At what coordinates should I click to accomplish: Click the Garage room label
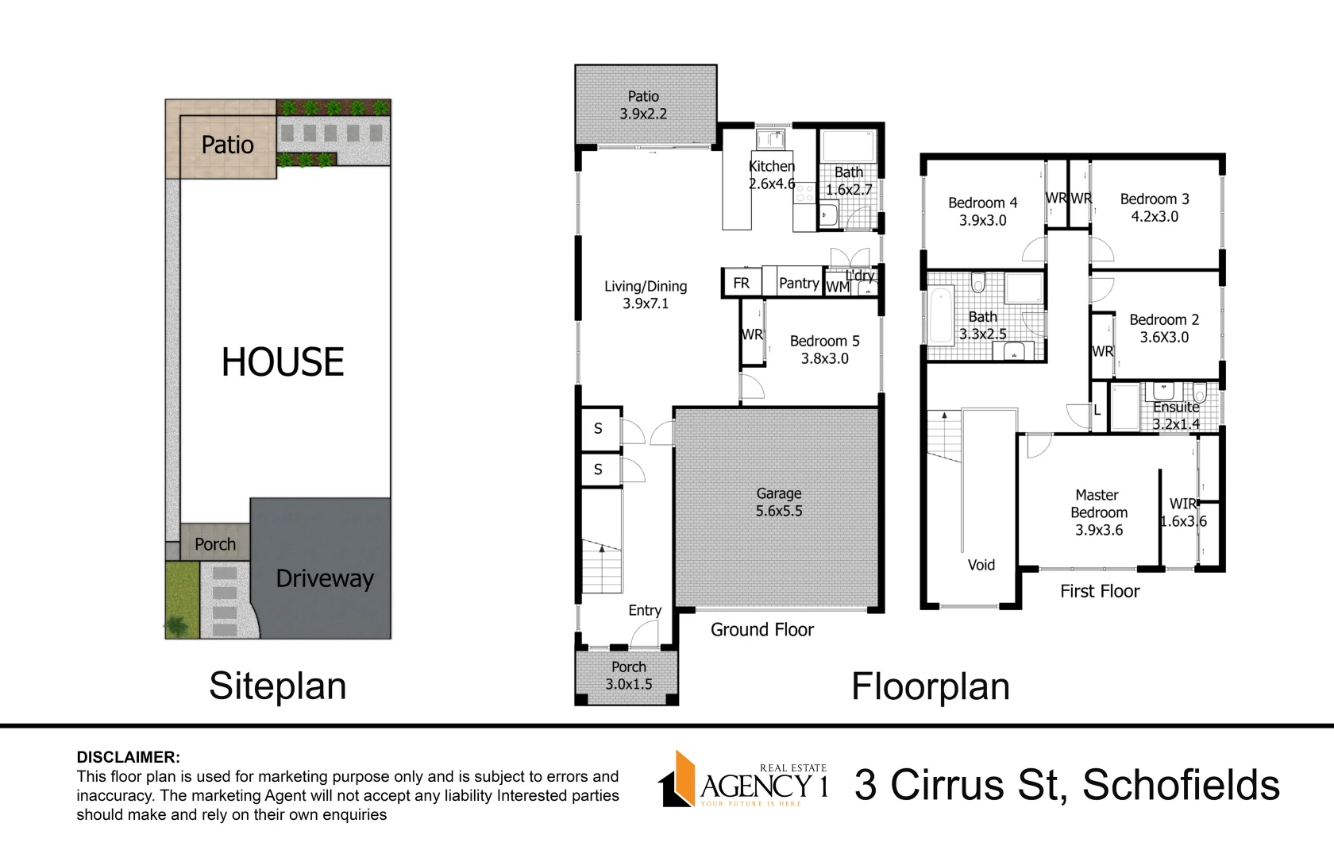click(x=779, y=502)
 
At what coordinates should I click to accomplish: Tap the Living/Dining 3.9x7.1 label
click(x=646, y=294)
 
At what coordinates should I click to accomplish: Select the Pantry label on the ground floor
click(x=799, y=283)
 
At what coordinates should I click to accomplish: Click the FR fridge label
click(x=742, y=283)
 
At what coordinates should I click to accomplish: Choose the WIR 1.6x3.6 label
click(x=1183, y=512)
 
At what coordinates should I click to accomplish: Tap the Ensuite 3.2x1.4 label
click(x=1176, y=415)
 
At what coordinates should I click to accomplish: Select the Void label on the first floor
click(x=981, y=565)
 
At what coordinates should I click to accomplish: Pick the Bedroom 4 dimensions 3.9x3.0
click(x=983, y=221)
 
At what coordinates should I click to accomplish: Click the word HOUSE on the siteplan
click(x=283, y=361)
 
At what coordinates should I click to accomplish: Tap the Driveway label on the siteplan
click(x=325, y=578)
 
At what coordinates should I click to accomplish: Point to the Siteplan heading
click(x=278, y=686)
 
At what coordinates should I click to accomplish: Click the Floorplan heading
click(x=931, y=686)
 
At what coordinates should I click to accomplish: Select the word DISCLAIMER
click(x=128, y=757)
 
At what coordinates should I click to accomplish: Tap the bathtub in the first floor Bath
click(x=941, y=315)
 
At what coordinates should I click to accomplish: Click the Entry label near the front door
click(x=645, y=610)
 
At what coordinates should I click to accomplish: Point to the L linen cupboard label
click(x=1097, y=410)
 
